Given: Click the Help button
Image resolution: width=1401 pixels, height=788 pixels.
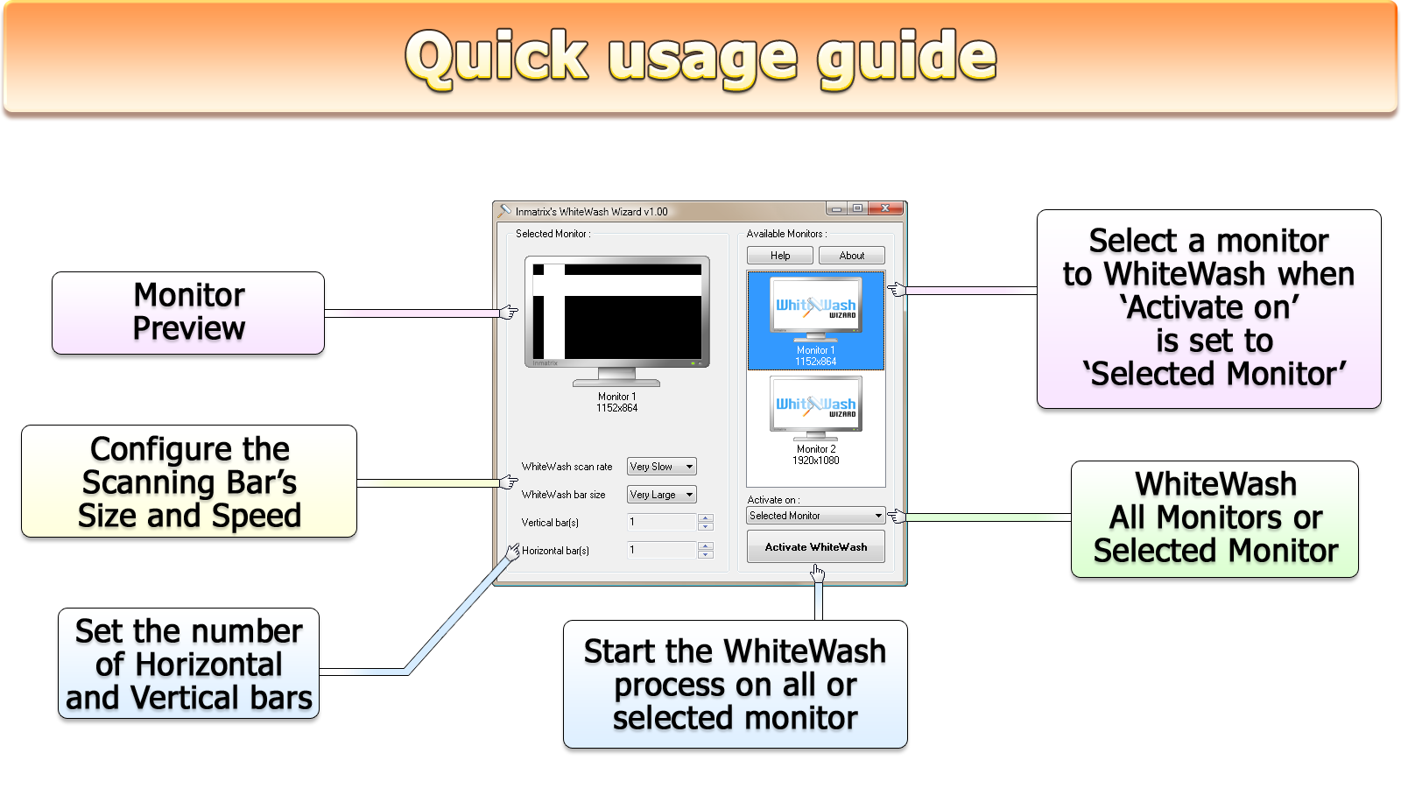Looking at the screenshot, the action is click(x=780, y=255).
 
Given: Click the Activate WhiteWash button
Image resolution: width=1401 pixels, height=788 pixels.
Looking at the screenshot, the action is click(x=815, y=546).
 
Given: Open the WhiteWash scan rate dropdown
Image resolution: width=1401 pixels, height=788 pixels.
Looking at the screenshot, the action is click(x=662, y=467).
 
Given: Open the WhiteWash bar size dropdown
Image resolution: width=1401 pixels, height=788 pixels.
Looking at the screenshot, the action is click(x=662, y=495).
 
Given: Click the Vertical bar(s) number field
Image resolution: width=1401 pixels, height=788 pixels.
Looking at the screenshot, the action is click(x=662, y=522).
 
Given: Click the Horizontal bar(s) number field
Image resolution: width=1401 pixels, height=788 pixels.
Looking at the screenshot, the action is click(x=662, y=551).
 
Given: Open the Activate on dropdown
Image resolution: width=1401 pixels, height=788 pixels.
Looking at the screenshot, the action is click(x=815, y=516).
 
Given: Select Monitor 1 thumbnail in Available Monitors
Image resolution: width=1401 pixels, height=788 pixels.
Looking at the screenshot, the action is click(x=815, y=320).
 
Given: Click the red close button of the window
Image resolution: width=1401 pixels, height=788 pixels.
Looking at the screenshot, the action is click(x=885, y=208).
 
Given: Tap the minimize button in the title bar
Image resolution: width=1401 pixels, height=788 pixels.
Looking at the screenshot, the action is click(x=837, y=208).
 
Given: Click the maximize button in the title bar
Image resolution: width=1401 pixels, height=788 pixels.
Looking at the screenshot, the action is click(x=857, y=208).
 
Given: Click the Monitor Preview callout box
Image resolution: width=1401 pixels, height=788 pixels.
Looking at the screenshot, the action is click(x=188, y=313).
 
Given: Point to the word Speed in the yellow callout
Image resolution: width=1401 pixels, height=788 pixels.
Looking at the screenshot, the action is click(x=256, y=516).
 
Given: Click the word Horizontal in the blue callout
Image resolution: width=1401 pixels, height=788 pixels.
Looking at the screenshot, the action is click(x=209, y=665).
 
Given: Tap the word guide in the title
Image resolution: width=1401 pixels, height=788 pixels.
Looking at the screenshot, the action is click(x=906, y=58).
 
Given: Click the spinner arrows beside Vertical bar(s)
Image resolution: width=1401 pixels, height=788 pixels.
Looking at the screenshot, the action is click(x=706, y=522).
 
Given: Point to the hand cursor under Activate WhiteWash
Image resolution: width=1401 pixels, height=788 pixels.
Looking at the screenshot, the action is click(x=818, y=573).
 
